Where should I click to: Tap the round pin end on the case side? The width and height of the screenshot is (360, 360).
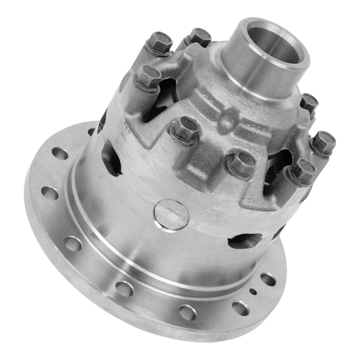click(x=171, y=214)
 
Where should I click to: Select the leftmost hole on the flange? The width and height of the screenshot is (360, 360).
click(x=49, y=192)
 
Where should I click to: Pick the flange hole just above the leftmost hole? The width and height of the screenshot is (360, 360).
click(x=60, y=154)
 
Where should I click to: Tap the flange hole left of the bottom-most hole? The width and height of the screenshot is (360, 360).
click(x=124, y=288)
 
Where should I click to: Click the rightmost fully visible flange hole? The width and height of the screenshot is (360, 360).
click(x=267, y=279)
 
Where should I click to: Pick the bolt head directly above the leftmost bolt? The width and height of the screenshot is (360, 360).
click(x=160, y=42)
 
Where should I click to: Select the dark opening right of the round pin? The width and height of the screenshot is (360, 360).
click(x=245, y=240)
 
